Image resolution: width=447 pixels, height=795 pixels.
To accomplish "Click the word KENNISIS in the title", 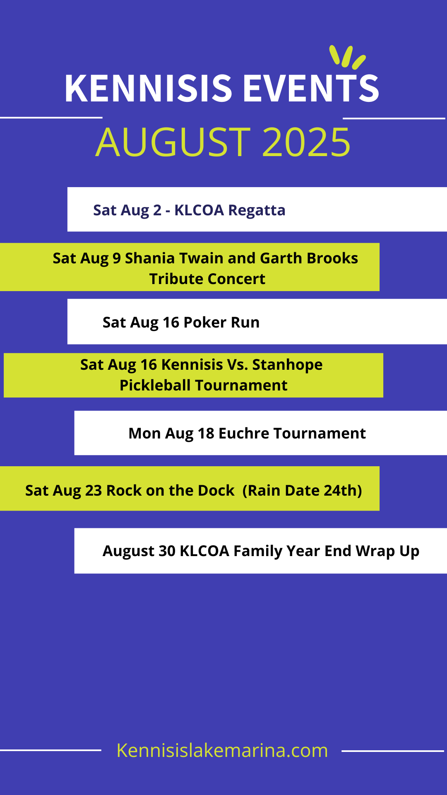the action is click(149, 88).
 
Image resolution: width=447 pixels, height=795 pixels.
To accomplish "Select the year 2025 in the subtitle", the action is click(306, 142).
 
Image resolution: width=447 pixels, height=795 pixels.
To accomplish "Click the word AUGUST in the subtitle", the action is click(173, 142).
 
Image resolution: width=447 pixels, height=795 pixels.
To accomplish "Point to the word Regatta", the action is click(257, 211).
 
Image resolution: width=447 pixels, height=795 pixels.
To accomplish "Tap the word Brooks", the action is click(332, 258).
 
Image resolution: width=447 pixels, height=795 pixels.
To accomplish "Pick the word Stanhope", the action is click(287, 364).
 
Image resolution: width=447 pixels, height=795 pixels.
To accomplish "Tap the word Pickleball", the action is click(155, 385).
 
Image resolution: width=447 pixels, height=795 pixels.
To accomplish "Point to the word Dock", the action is click(216, 490).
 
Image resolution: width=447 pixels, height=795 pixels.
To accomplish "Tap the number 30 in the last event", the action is click(167, 551).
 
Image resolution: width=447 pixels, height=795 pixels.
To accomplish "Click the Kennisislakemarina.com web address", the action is click(222, 750).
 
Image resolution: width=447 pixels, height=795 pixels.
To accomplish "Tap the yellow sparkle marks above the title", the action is click(347, 57).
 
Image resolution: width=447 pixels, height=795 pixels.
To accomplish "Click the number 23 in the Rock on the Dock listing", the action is click(94, 490).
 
